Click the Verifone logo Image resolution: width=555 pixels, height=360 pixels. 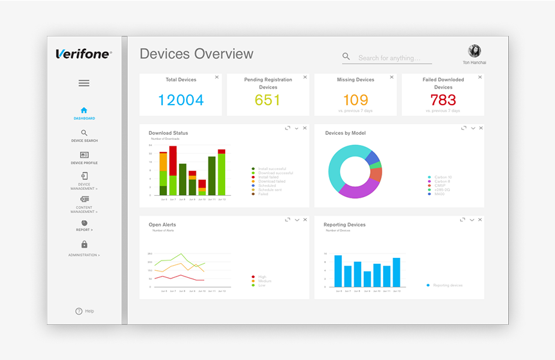[83, 54]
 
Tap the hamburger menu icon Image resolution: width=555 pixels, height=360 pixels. [84, 83]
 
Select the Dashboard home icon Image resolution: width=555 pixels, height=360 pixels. [84, 110]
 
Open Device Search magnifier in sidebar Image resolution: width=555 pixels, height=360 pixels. [84, 133]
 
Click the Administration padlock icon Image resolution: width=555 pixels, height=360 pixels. [84, 244]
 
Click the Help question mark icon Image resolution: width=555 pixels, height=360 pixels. [79, 311]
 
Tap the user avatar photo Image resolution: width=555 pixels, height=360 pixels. [474, 51]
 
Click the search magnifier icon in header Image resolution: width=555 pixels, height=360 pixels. [346, 57]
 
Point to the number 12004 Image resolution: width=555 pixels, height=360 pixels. [181, 100]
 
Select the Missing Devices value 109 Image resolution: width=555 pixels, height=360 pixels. [355, 100]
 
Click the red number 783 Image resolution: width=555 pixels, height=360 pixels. [443, 100]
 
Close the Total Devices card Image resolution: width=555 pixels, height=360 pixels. [217, 77]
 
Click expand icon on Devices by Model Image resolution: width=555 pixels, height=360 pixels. [463, 128]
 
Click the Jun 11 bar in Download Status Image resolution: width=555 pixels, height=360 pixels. [212, 176]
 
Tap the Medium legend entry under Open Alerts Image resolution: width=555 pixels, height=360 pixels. [265, 281]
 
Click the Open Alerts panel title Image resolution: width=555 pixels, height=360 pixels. [162, 225]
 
